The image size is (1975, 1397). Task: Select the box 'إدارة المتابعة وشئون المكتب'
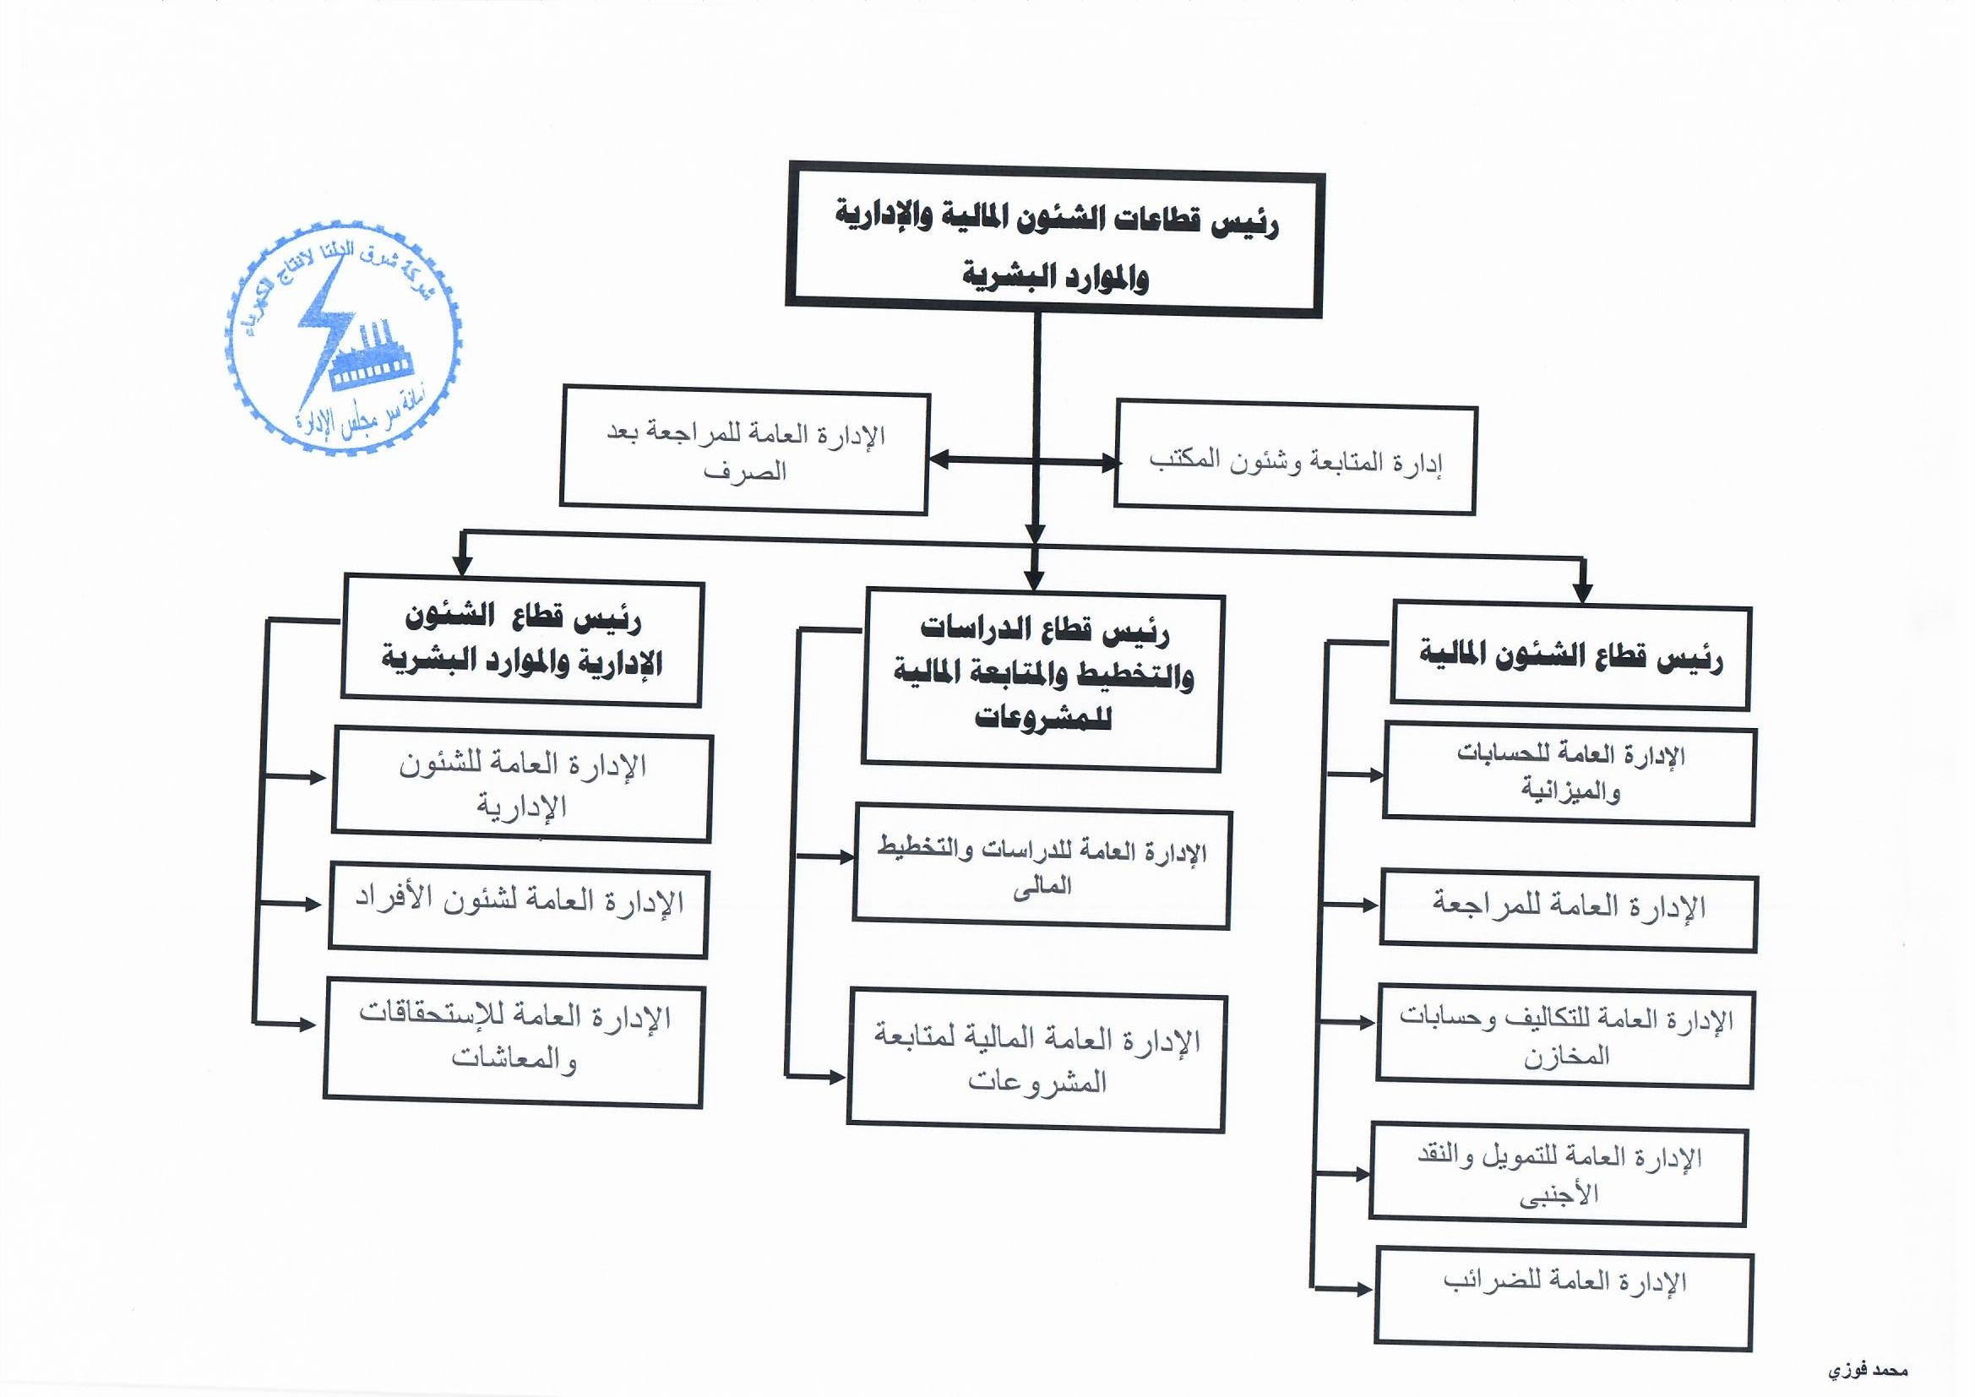tap(1296, 461)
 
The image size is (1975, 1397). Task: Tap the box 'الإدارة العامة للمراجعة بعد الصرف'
tap(745, 452)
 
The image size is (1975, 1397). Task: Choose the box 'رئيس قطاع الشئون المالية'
tap(1570, 657)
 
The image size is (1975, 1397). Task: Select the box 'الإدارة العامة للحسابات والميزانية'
tap(1569, 774)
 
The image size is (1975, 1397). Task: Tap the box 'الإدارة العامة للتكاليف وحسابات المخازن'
tap(1564, 1036)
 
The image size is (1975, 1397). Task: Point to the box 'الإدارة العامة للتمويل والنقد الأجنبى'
tap(1558, 1175)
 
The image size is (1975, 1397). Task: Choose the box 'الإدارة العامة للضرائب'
tap(1564, 1298)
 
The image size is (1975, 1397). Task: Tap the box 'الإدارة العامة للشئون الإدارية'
tap(522, 785)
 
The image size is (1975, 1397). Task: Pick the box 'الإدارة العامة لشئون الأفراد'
tap(519, 910)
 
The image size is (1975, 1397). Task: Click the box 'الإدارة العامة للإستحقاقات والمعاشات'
tap(514, 1041)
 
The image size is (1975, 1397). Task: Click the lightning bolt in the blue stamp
tap(322, 327)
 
